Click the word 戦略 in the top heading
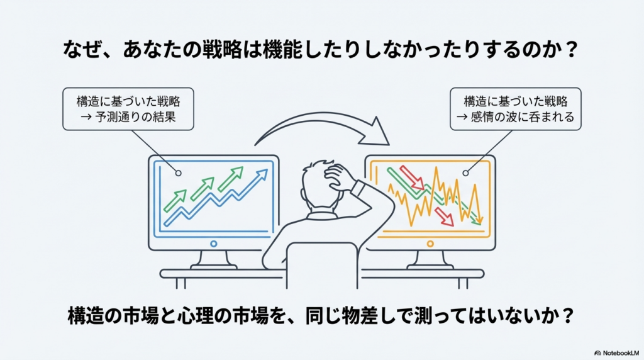(x=222, y=50)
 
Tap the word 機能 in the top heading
(x=281, y=50)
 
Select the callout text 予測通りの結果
(x=135, y=117)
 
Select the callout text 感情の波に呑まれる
(x=522, y=117)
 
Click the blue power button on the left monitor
(x=214, y=244)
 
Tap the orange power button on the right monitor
(x=430, y=244)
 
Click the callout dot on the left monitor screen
(x=178, y=173)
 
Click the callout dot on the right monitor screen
(x=465, y=173)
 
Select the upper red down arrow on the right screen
(x=412, y=177)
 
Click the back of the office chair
(x=323, y=265)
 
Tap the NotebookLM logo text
(x=621, y=353)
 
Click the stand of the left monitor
(x=214, y=260)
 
